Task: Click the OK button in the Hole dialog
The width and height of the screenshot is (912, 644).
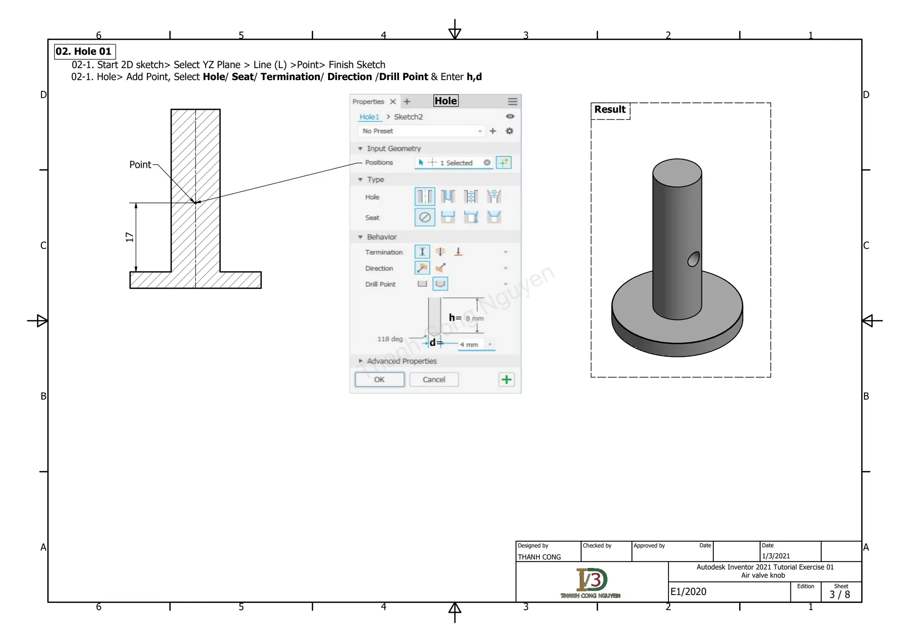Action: coord(379,380)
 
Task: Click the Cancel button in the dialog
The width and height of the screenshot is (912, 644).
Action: coord(434,380)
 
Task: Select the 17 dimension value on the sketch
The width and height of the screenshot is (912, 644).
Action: coord(130,237)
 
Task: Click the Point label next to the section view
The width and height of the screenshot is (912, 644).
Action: coord(140,165)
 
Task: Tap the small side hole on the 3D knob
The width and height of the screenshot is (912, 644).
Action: coord(693,259)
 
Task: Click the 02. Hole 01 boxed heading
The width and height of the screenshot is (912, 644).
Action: coord(84,52)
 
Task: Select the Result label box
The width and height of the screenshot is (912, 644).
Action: coord(610,110)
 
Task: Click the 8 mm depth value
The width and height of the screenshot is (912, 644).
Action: coord(475,318)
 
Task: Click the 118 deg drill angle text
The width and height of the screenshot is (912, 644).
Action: coord(390,339)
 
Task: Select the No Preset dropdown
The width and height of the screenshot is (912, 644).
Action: coord(421,131)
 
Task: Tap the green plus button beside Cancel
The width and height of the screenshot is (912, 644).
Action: coord(506,380)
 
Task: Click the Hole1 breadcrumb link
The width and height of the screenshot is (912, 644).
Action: coord(369,117)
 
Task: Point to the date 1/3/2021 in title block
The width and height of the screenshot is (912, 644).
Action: coord(776,556)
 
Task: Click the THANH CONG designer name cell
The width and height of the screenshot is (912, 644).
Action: coord(539,557)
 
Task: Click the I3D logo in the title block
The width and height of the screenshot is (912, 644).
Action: coord(591,580)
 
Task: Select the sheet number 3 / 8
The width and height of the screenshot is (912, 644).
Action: coord(839,595)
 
